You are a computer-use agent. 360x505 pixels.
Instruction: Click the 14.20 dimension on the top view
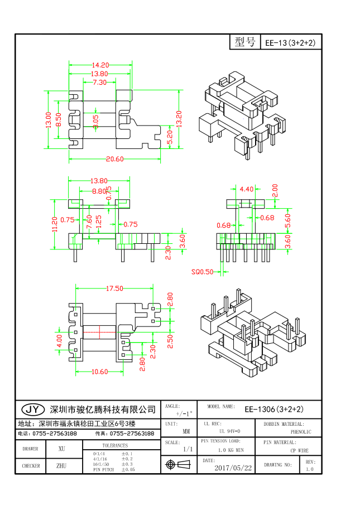(x=100, y=65)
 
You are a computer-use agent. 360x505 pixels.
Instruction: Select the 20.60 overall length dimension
(x=115, y=159)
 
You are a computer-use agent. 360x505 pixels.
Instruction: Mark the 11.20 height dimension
(x=54, y=224)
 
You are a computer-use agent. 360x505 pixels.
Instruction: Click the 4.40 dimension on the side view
(x=246, y=189)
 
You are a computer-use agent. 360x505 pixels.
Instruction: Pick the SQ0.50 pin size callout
(x=203, y=272)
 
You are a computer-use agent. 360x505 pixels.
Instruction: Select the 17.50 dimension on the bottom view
(x=114, y=288)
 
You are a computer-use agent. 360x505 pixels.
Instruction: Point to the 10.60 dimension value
(x=99, y=372)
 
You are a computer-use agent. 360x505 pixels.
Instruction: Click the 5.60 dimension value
(x=288, y=219)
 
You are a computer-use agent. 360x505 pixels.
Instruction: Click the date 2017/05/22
(x=233, y=468)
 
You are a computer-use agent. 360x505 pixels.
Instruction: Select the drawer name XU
(x=61, y=449)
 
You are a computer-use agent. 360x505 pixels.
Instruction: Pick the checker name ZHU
(x=61, y=465)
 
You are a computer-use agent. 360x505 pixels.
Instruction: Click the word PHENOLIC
(x=301, y=432)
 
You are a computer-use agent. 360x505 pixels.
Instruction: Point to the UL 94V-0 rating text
(x=229, y=431)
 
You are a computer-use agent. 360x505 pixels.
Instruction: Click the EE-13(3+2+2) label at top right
(x=290, y=42)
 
